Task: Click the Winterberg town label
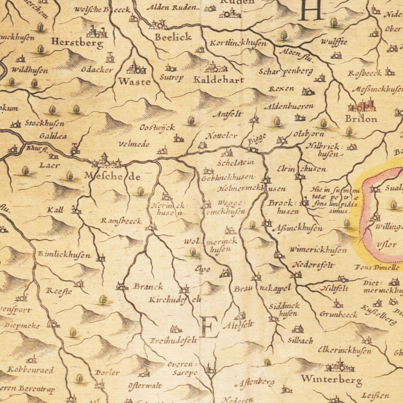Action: point(331,379)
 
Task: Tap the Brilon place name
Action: point(361,119)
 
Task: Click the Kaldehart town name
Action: point(219,80)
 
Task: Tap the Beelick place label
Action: point(173,37)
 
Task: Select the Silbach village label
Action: point(300,341)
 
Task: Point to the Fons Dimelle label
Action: point(377,268)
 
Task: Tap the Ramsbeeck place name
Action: point(121,221)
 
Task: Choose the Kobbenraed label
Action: point(30,370)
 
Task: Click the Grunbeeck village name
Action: point(338,315)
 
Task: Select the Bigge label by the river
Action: point(257,139)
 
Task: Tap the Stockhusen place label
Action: point(45,123)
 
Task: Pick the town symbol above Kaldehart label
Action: point(216,68)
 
